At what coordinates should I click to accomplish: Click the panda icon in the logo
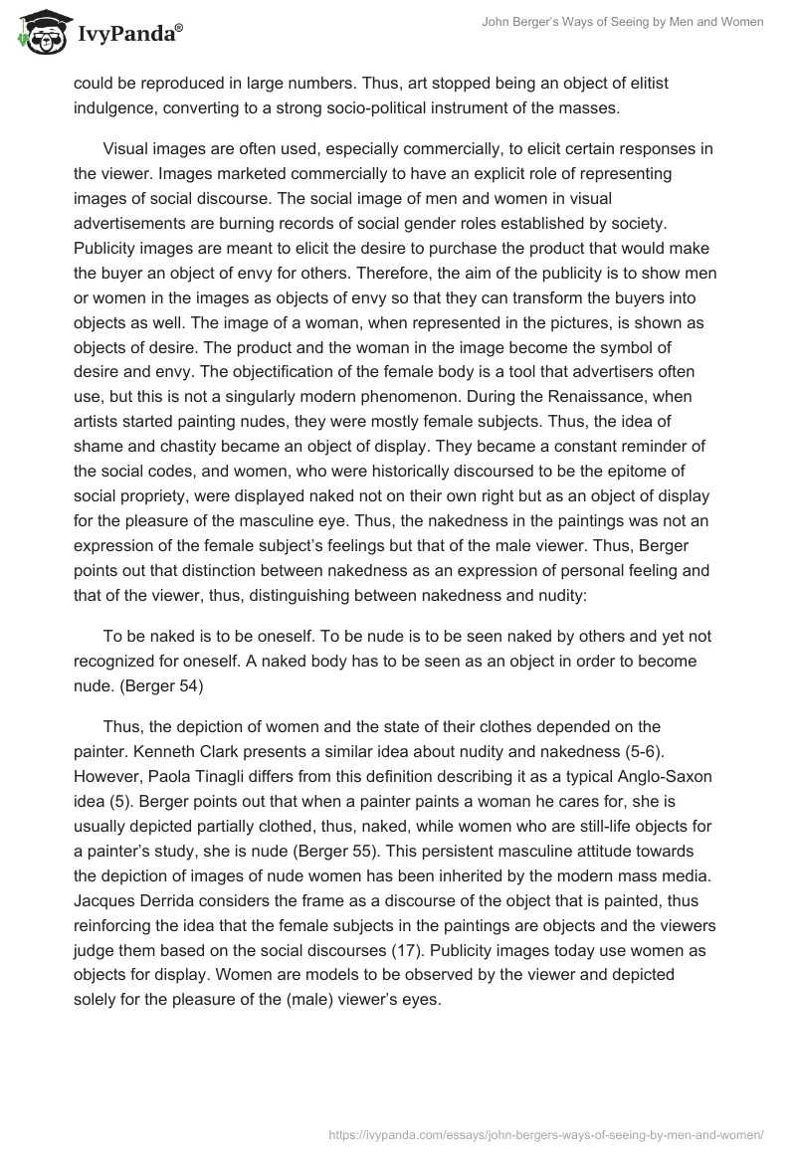pyautogui.click(x=37, y=33)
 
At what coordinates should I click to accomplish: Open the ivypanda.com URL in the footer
pyautogui.click(x=545, y=1132)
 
